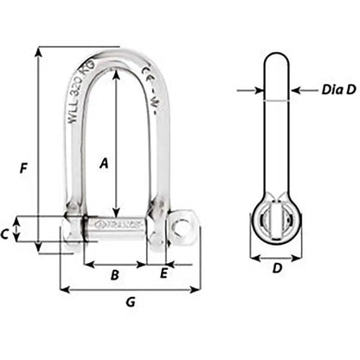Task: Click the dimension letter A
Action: pos(104,162)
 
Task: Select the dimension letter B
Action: pos(114,275)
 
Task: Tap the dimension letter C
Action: pos(29,233)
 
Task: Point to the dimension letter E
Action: pos(164,275)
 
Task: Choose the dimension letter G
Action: pos(130,303)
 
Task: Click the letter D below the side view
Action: pos(276,269)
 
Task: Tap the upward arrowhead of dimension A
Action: pos(116,70)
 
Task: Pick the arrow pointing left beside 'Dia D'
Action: pos(296,89)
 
